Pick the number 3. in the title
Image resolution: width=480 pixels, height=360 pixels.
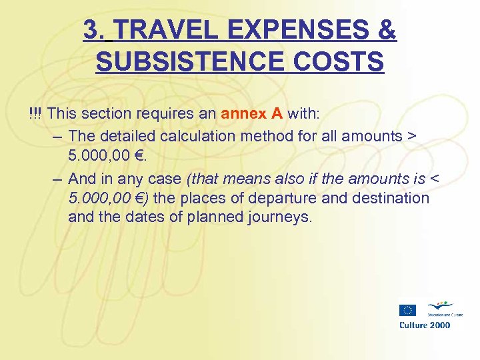pos(95,30)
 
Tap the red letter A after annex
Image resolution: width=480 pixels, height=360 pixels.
pos(277,114)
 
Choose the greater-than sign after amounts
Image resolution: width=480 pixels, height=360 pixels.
pos(411,136)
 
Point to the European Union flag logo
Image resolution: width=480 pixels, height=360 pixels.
pos(407,309)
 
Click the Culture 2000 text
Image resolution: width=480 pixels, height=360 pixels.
pos(425,325)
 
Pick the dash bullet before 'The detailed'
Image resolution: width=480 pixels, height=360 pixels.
pos(57,136)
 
